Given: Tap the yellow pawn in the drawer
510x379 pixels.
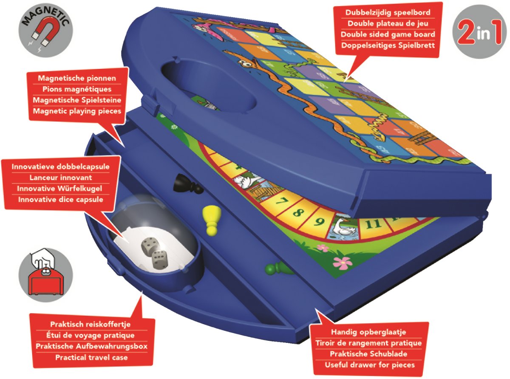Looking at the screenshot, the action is [x=211, y=220].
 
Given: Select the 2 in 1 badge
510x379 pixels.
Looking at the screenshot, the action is [x=479, y=32].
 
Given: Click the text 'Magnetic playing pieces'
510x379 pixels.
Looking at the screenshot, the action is [x=77, y=111].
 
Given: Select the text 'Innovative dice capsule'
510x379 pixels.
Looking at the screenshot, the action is [x=61, y=199].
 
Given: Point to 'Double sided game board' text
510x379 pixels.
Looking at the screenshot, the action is [x=388, y=34].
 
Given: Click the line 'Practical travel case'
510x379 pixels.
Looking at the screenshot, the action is [x=91, y=357].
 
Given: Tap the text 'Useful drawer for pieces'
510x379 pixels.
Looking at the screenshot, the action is [x=370, y=365].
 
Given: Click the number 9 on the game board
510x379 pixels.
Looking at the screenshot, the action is [x=320, y=221].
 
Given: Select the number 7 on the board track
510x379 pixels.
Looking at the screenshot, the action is [x=282, y=201].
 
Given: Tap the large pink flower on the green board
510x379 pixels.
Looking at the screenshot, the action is [x=343, y=263].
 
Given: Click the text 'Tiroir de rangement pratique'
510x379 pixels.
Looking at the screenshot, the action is [x=368, y=343].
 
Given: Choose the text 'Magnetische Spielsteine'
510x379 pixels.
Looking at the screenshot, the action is [x=77, y=100].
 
